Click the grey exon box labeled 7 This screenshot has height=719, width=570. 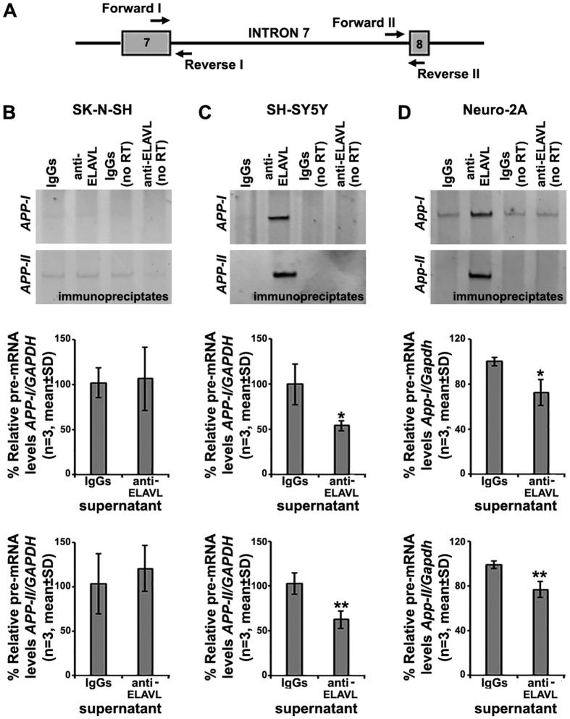point(146,43)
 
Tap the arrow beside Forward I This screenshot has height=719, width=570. point(160,20)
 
